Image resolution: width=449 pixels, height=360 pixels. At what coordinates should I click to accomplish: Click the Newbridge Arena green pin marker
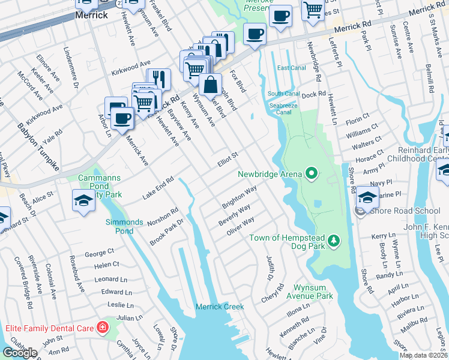pyautogui.click(x=311, y=174)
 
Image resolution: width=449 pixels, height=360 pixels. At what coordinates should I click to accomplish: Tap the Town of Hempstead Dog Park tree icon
pyautogui.click(x=334, y=242)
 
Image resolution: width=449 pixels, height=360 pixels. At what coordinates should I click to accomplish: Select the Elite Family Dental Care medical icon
pyautogui.click(x=103, y=328)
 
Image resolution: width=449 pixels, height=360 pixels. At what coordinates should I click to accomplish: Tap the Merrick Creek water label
pyautogui.click(x=220, y=307)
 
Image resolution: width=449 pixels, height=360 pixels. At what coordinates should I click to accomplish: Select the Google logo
pyautogui.click(x=20, y=352)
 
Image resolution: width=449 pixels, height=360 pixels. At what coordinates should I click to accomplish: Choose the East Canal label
pyautogui.click(x=292, y=68)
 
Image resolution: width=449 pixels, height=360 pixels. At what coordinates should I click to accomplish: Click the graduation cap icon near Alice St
pyautogui.click(x=83, y=201)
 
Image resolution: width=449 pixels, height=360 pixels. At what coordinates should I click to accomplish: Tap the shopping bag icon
pyautogui.click(x=211, y=84)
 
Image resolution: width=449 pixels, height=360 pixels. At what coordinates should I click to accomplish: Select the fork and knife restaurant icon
pyautogui.click(x=158, y=79)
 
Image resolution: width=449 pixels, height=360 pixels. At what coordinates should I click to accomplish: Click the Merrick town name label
pyautogui.click(x=92, y=15)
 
